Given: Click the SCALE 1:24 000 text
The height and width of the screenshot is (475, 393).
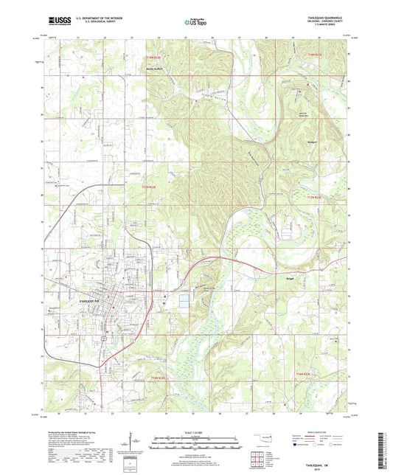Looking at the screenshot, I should pos(195,433).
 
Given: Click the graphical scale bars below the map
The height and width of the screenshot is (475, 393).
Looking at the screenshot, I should pos(195,443).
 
